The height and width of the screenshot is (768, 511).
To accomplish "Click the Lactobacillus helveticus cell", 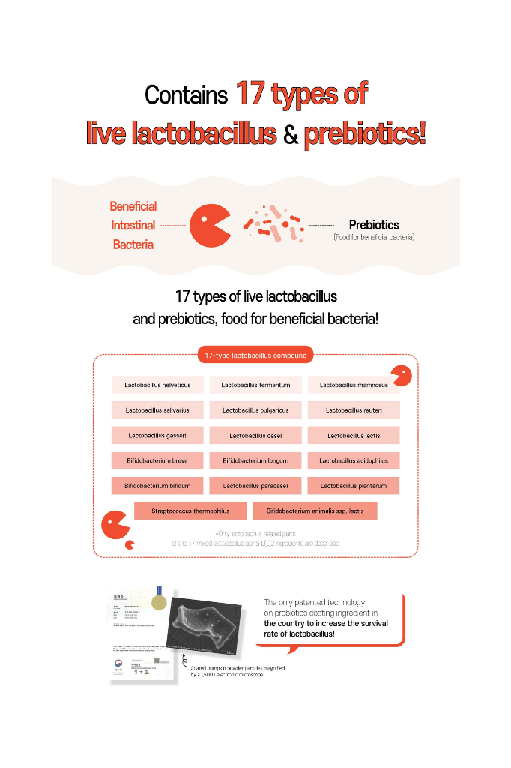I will click(157, 385).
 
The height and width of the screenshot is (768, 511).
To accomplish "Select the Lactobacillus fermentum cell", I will click(255, 385).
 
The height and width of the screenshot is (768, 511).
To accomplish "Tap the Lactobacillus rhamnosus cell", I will click(354, 385).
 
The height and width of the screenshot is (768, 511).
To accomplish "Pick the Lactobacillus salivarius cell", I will click(157, 410).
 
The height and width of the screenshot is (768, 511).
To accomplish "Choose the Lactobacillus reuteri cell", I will click(354, 410).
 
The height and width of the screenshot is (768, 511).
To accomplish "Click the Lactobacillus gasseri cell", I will click(157, 435).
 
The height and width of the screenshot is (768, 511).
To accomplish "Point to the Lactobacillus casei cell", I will click(255, 435).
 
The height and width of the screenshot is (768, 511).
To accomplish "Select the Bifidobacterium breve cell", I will click(157, 460).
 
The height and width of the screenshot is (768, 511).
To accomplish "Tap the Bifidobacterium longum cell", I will click(255, 460).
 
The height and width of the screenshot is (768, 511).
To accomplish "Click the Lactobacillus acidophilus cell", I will click(354, 460).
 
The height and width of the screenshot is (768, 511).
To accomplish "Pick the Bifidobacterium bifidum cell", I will click(157, 486).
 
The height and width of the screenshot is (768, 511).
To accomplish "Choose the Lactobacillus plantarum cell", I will click(354, 486).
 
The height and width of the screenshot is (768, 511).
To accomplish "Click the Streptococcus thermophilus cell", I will click(190, 511).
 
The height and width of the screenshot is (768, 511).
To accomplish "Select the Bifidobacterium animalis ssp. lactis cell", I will click(315, 511).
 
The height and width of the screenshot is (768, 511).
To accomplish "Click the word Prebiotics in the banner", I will click(374, 225).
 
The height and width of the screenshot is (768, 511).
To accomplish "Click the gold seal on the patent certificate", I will click(159, 601).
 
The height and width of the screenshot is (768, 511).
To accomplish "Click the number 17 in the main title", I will click(250, 94).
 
